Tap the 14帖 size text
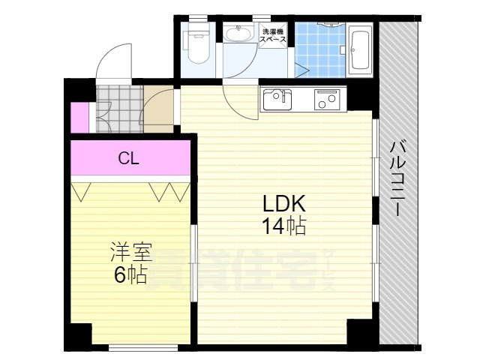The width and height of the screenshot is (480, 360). [284, 226]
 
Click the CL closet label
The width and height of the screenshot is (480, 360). [129, 158]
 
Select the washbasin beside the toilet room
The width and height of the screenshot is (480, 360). [239, 34]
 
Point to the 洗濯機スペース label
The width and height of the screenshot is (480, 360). [273, 37]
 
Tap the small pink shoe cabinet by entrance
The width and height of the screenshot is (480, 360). [79, 115]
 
